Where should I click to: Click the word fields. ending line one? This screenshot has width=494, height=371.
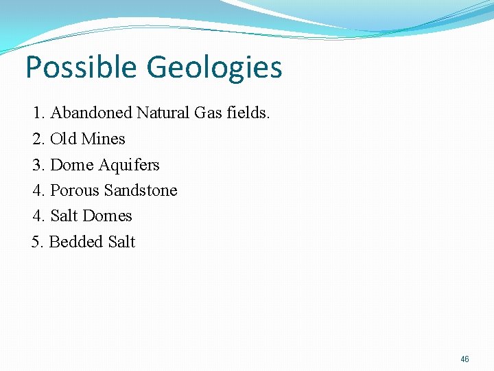(x=248, y=113)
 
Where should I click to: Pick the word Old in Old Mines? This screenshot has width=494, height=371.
(x=64, y=139)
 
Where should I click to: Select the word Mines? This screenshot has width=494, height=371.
(x=103, y=139)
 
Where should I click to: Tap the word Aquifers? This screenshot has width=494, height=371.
(x=129, y=165)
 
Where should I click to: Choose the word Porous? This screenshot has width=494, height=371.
(x=75, y=190)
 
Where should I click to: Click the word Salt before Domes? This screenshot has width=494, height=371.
(x=64, y=216)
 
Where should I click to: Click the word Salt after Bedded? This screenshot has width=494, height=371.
(x=121, y=242)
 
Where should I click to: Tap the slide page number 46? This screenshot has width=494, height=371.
(x=465, y=359)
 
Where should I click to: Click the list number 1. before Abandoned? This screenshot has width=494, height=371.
(x=38, y=113)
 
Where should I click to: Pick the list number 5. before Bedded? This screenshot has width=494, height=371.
(x=38, y=242)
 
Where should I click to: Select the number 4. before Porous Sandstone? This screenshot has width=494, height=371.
(x=38, y=190)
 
